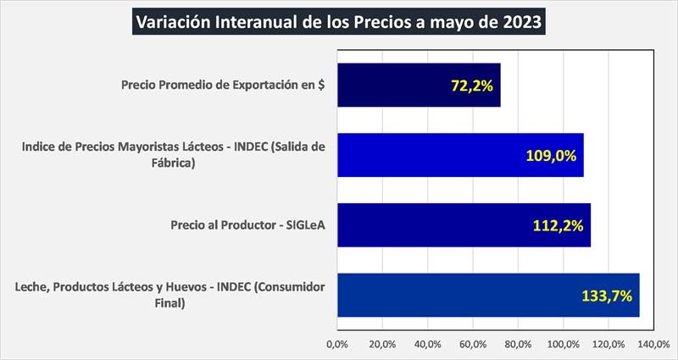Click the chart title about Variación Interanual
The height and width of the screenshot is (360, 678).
(339, 20)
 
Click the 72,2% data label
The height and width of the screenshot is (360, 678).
(471, 86)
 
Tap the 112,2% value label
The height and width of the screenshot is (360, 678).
(558, 225)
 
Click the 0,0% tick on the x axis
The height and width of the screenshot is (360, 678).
(337, 344)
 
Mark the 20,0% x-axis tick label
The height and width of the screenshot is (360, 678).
(382, 344)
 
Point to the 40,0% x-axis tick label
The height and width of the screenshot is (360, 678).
(428, 344)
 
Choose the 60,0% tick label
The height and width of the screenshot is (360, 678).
(473, 344)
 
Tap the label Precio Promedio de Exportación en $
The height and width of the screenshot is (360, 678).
(225, 85)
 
